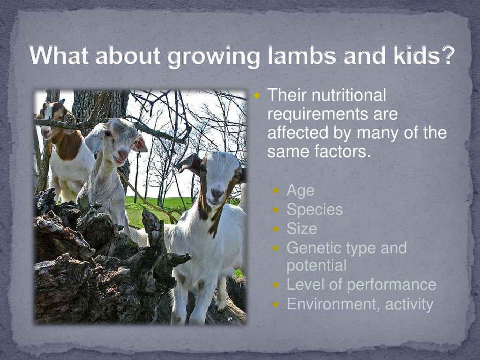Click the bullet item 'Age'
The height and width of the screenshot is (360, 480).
tap(300, 191)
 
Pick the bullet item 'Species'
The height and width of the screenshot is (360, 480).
tap(315, 210)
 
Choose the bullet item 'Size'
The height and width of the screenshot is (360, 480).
tap(302, 229)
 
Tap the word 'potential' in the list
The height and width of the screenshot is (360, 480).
tap(316, 266)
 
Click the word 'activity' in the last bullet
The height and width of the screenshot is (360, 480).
tap(409, 304)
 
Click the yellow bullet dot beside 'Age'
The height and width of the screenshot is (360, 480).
tap(276, 191)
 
